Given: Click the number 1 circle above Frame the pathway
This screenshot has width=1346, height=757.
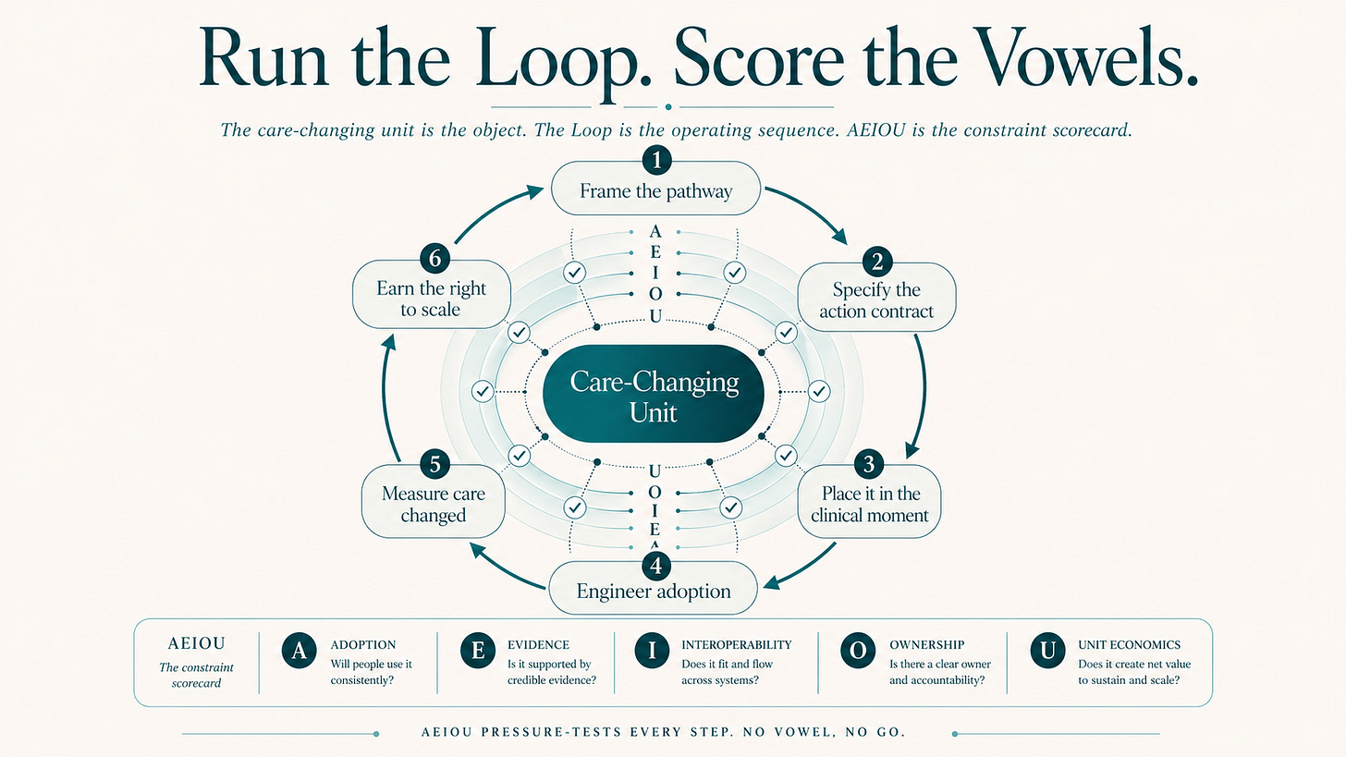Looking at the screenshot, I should coord(655,161).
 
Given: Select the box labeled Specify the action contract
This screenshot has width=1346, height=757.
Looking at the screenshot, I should coord(875,300).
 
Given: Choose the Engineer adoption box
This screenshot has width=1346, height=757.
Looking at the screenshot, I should coord(654,590).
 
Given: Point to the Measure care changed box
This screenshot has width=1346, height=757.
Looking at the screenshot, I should coord(433,504).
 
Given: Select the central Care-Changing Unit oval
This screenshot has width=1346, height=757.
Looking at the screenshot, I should coord(655,396).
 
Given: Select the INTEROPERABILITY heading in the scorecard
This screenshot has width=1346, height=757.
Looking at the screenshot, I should coord(736,644).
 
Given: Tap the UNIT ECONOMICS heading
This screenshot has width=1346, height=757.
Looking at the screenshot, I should coord(1129,644).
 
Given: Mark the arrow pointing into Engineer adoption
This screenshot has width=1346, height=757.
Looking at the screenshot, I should coord(800,567).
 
